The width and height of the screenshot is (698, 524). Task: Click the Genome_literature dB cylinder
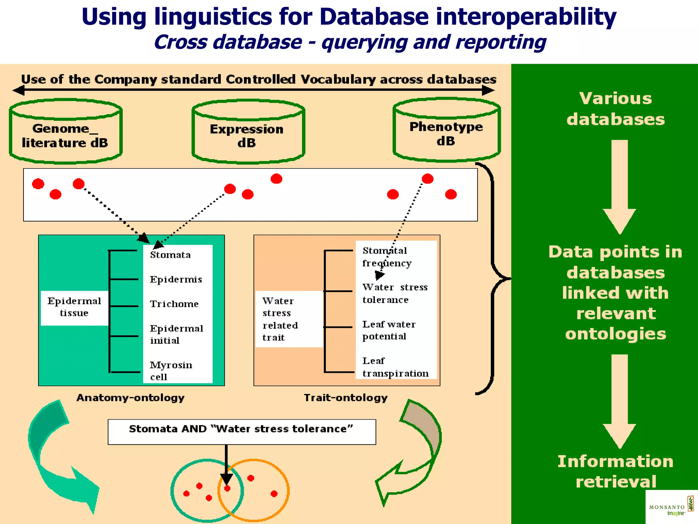click(x=65, y=135)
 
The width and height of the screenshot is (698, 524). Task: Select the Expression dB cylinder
click(x=248, y=135)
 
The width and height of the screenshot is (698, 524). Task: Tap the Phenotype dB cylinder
click(x=446, y=133)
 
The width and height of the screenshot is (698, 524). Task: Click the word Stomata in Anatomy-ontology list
click(x=170, y=255)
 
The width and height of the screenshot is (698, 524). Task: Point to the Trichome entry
click(x=174, y=304)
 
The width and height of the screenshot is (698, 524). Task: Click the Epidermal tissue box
click(x=74, y=307)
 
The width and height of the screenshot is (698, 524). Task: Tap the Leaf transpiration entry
click(x=395, y=367)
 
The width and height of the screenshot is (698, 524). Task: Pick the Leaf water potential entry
click(x=389, y=330)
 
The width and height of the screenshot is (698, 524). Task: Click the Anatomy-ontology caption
click(x=130, y=398)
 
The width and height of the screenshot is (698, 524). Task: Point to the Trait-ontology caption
click(x=346, y=398)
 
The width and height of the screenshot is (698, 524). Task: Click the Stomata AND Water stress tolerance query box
click(x=241, y=432)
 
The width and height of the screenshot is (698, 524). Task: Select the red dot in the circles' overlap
click(x=227, y=489)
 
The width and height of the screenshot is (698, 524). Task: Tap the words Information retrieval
click(x=616, y=471)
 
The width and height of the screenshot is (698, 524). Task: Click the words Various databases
click(x=616, y=109)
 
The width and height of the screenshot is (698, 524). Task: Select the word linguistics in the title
click(x=213, y=17)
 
